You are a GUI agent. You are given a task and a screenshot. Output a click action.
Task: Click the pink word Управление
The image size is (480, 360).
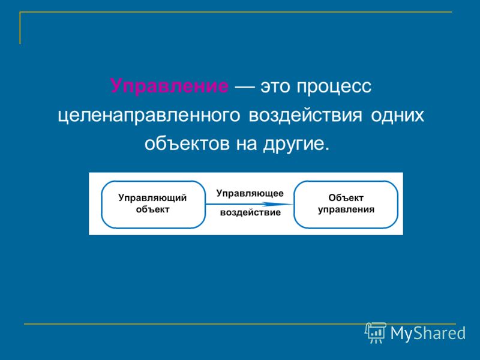tap(169, 86)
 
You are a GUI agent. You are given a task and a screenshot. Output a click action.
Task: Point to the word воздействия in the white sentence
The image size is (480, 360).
tap(305, 116)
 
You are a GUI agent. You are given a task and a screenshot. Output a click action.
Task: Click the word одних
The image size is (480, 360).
tap(397, 116)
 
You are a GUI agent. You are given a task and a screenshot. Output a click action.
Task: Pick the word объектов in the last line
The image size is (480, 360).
tap(187, 143)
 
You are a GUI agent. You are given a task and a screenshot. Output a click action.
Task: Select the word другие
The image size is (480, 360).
tap(296, 144)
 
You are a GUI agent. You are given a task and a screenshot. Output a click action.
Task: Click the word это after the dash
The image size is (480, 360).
tap(275, 86)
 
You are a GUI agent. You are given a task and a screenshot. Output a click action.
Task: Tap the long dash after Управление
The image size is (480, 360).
tap(244, 87)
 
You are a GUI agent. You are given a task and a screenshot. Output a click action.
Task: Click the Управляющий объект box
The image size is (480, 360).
tap(153, 204)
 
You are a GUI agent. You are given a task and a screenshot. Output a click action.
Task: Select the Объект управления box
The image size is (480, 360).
tap(346, 204)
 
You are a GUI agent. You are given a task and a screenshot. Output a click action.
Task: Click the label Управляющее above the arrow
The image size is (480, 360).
tap(250, 193)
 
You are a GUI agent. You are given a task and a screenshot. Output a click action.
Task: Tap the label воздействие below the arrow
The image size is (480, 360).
tap(250, 212)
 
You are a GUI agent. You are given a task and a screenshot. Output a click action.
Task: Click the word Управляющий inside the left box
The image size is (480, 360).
tap(152, 198)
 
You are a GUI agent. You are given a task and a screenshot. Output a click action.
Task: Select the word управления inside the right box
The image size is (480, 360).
tap(346, 209)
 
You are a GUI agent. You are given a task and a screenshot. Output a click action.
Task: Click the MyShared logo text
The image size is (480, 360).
tap(428, 333)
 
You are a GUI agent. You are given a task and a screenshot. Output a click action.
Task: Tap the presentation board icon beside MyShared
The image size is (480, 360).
tap(376, 333)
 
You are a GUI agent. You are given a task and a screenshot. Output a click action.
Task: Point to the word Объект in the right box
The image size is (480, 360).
tap(346, 198)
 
